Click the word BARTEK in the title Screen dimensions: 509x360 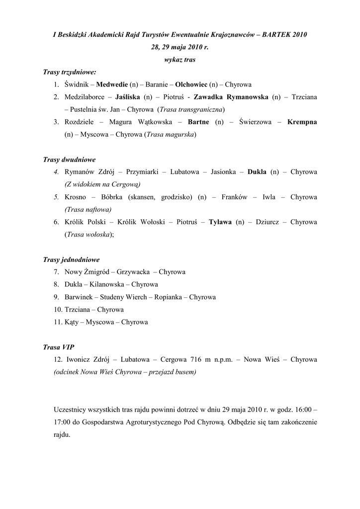tap(276, 35)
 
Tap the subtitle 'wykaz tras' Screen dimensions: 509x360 tap(180, 60)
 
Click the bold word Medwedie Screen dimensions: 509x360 tap(112, 85)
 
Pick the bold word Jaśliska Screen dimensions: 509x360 tap(127, 97)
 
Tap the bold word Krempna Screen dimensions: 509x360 tap(302, 122)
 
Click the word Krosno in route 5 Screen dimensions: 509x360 tap(75, 197)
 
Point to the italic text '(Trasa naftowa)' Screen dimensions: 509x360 tap(88, 209)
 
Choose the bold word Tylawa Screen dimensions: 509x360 tap(220, 222)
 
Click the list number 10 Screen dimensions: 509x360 tap(58, 309)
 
